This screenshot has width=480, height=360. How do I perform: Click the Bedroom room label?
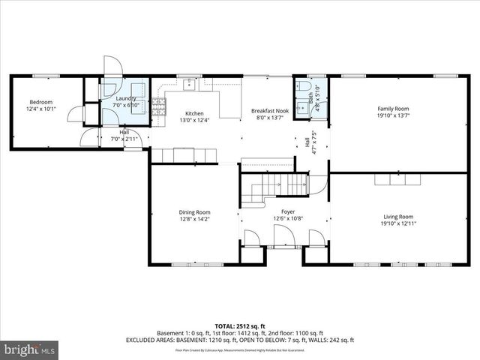point(40,102)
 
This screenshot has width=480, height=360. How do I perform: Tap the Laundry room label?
point(124,98)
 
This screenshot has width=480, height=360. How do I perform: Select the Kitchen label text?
point(184,113)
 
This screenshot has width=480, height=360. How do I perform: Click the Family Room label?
point(393,109)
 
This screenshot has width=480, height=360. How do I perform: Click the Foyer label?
point(288,211)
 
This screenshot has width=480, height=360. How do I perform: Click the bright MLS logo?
point(30,349)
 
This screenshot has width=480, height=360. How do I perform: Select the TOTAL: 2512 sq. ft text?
point(240,325)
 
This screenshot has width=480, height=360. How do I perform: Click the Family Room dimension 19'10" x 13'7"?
point(393,115)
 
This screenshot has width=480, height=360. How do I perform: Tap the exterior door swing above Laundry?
point(112,66)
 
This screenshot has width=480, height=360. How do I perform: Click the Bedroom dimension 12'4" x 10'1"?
point(40,109)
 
